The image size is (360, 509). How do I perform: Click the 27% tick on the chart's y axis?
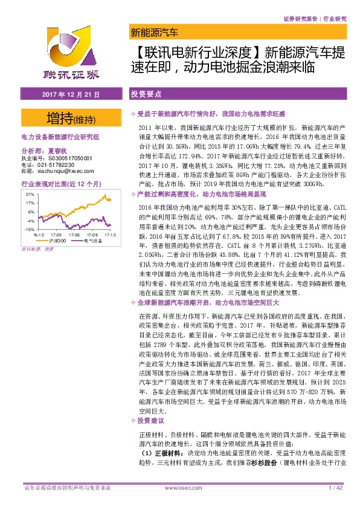pyautogui.click(x=30, y=195)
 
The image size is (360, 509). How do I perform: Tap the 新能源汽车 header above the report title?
pyautogui.click(x=154, y=32)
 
